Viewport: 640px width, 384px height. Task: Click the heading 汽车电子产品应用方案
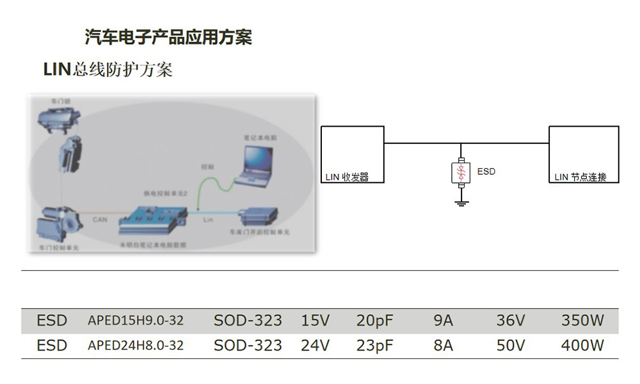click(x=168, y=37)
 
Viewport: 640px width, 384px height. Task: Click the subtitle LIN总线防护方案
click(x=108, y=69)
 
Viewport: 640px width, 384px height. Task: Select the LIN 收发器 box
click(x=352, y=154)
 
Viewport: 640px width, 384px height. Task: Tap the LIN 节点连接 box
click(x=584, y=154)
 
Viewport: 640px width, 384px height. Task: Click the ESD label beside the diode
click(x=486, y=172)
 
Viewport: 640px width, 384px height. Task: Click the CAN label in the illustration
click(x=100, y=220)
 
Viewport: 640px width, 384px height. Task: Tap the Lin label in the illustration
click(x=207, y=220)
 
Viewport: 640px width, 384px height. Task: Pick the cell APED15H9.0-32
click(x=135, y=321)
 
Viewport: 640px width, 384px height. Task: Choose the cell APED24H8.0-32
click(x=135, y=346)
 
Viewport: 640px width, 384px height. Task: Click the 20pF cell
click(x=374, y=321)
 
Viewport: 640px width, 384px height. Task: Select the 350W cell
click(x=582, y=321)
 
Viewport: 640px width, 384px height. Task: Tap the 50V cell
click(x=511, y=346)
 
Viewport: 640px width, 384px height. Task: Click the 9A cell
click(x=443, y=321)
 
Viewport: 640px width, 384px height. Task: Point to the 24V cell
click(x=315, y=346)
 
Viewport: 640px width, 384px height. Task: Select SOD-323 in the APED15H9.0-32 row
click(x=248, y=321)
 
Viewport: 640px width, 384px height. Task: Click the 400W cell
click(x=582, y=346)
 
